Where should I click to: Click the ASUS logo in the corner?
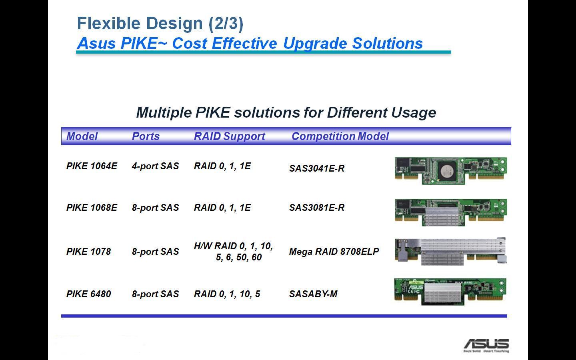coord(486,346)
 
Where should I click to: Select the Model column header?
coord(82,136)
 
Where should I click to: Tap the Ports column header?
coord(146,136)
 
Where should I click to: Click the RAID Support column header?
coord(229,136)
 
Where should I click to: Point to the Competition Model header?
coord(340,136)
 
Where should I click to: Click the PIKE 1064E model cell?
coord(92,166)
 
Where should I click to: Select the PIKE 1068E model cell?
coord(92,208)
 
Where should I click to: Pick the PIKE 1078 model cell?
coord(89,252)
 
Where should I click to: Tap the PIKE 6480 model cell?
coord(89,294)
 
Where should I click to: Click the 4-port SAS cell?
coord(155,166)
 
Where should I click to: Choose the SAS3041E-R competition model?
coord(317,168)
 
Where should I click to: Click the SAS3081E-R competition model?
coord(317,208)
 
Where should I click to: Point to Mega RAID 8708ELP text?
coord(334,252)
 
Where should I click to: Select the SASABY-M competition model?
coord(313,294)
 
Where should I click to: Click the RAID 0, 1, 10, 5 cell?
coord(227,294)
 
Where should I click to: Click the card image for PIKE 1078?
coord(450,251)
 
